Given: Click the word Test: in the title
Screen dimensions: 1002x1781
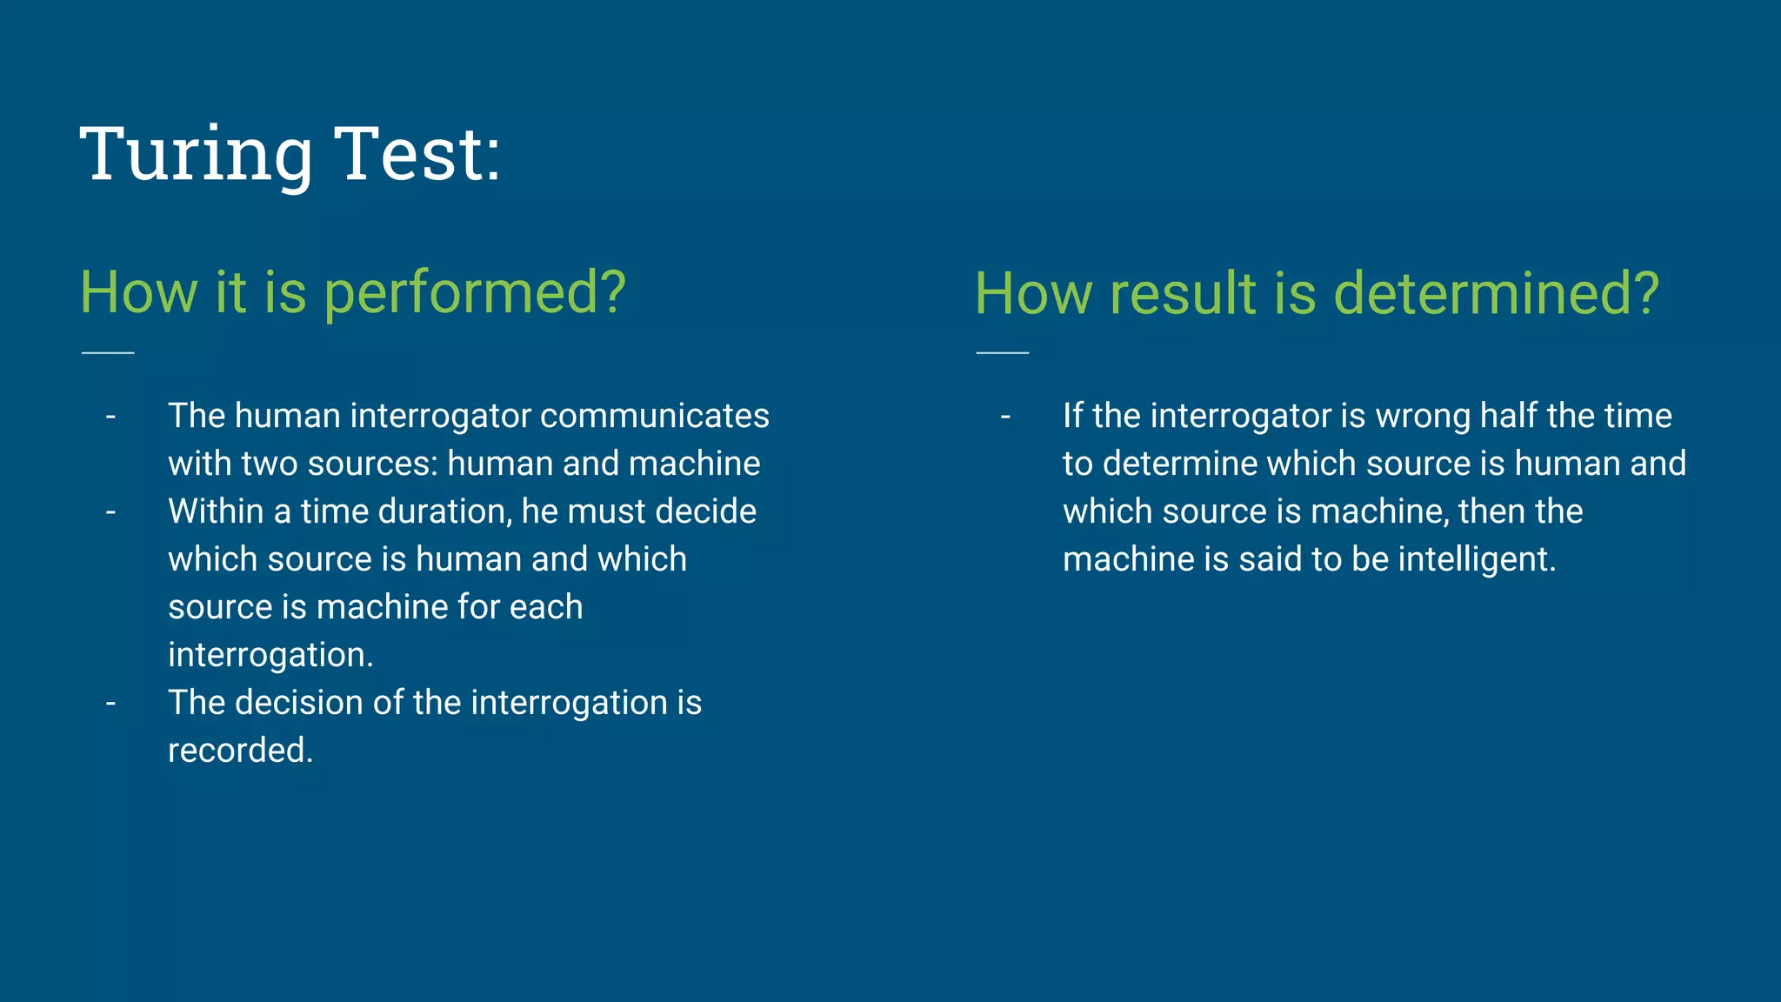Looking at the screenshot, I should point(417,155).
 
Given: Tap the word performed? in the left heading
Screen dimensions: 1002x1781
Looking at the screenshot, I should point(475,294).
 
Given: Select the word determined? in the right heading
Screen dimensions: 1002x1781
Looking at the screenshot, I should point(1496,294).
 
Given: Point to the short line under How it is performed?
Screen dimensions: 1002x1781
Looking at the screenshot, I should point(108,352).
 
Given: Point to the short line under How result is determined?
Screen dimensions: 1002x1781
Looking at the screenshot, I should point(1002,352).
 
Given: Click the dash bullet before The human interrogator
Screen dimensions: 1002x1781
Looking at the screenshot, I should point(110,417).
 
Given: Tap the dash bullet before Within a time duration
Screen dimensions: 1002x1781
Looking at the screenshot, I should point(110,512).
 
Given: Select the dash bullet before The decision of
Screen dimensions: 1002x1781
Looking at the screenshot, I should point(110,703).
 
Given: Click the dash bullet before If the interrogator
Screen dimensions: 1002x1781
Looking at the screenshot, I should point(1005,417).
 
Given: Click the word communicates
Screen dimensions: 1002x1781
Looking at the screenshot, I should point(654,417).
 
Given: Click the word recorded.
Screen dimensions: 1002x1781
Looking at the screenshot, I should point(240,751).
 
